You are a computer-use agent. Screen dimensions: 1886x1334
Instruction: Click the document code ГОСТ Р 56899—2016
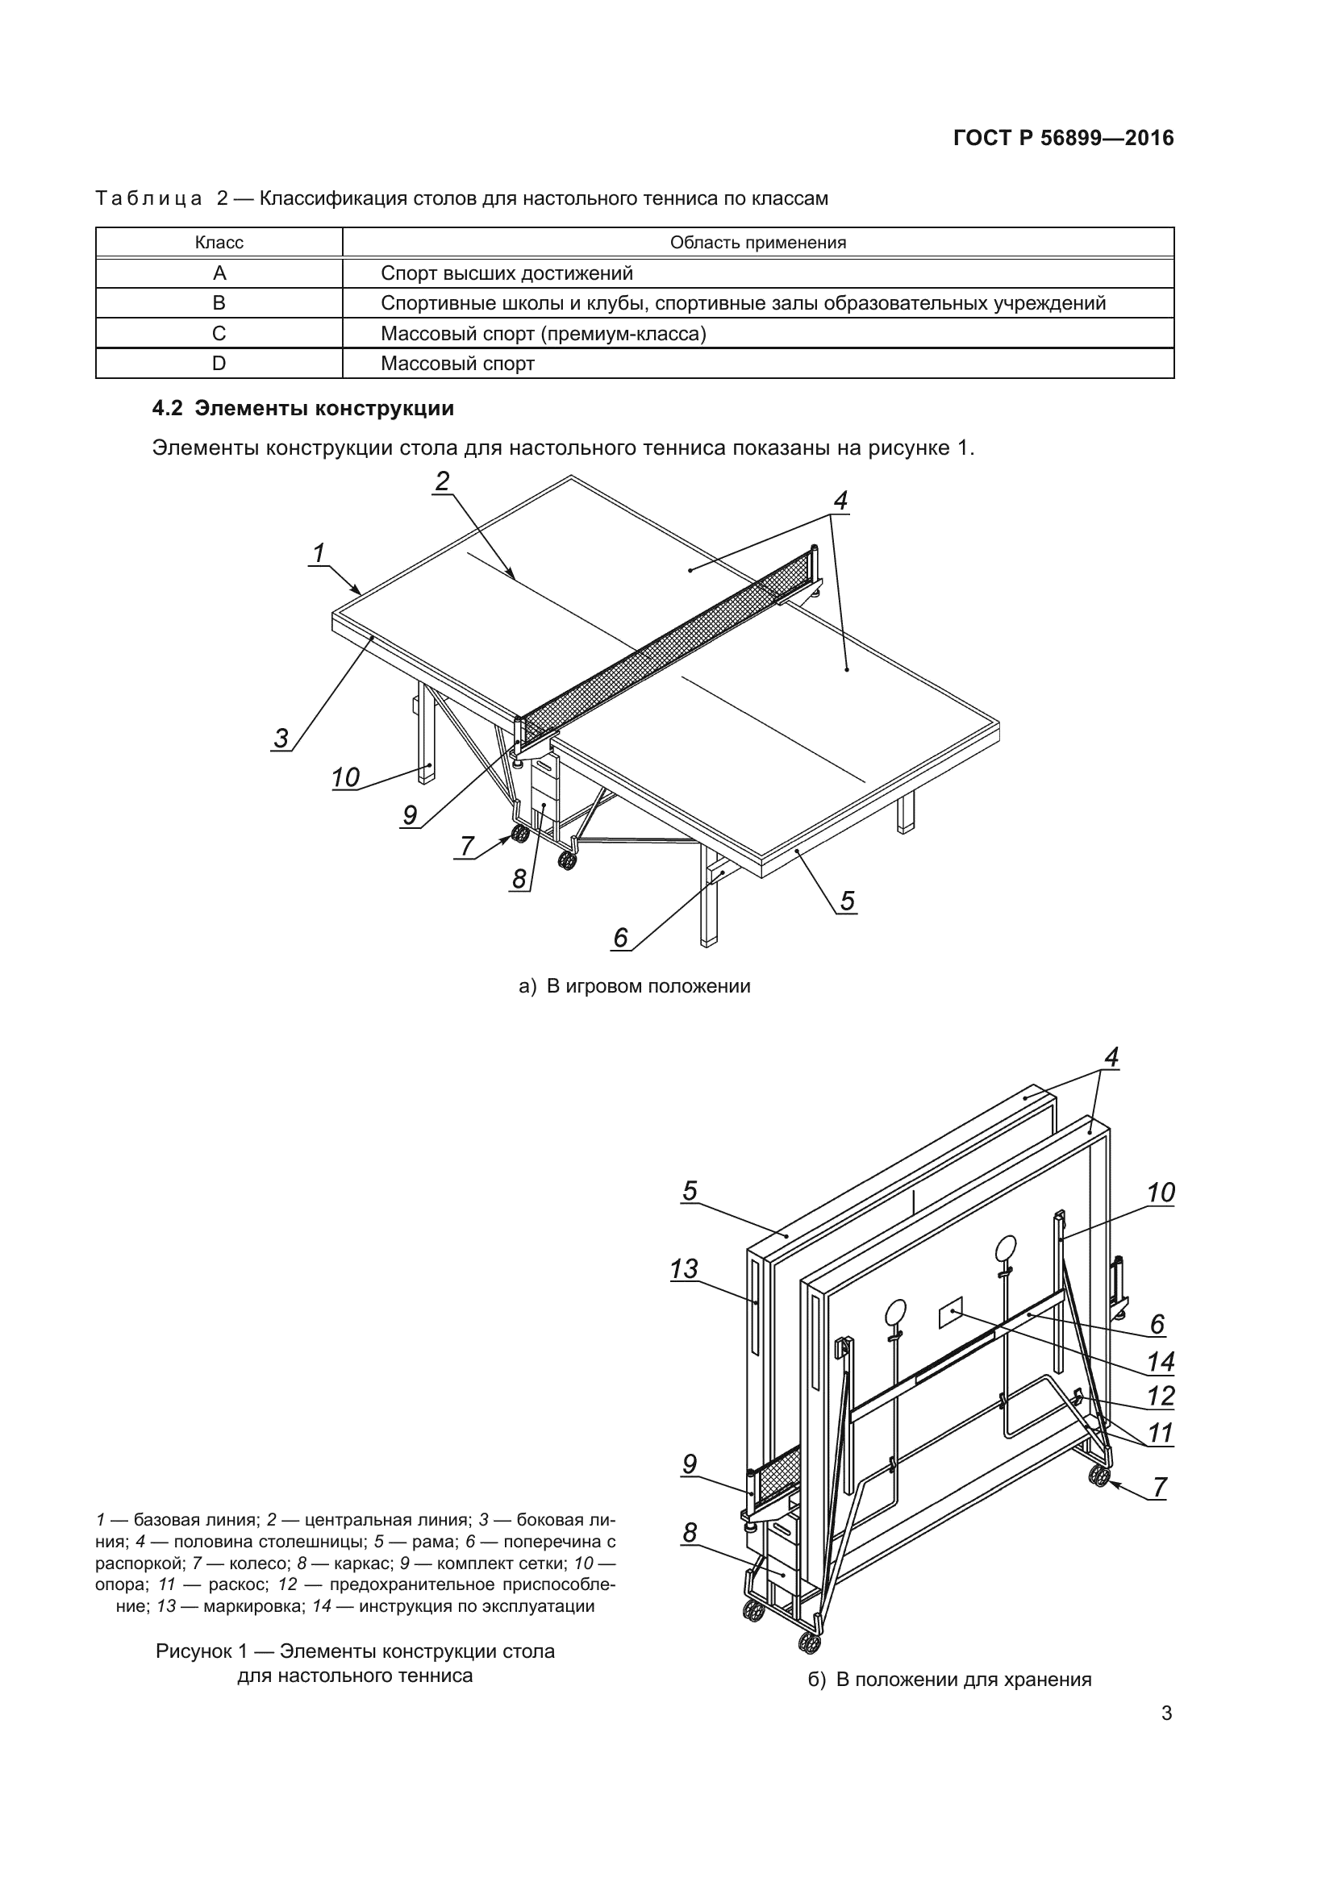coord(1063,138)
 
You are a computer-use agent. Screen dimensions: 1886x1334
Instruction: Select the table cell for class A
coord(219,273)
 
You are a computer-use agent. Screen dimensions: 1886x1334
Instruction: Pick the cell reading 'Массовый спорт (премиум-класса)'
coord(543,334)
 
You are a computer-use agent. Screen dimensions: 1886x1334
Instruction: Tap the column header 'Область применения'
coord(757,243)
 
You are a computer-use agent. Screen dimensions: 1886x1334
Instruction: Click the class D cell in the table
coord(219,364)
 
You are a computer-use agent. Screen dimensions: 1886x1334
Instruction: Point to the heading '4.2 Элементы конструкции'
coord(303,409)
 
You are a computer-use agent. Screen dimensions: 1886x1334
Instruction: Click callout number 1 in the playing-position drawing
coord(319,553)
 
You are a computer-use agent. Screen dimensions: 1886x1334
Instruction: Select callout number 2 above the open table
coord(443,481)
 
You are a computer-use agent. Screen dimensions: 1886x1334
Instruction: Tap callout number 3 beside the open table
coord(281,738)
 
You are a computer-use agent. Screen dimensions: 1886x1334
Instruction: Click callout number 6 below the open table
coord(620,937)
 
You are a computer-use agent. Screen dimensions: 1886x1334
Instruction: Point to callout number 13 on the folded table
coord(683,1269)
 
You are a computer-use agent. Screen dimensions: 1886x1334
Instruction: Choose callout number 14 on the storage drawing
coord(1160,1362)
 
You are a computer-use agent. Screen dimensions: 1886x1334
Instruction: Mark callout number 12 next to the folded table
coord(1160,1397)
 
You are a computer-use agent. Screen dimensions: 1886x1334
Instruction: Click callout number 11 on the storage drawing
coord(1160,1434)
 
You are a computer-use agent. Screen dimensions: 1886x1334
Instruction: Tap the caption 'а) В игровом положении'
coord(634,986)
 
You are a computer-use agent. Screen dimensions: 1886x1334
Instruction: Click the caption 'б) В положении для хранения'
coord(949,1679)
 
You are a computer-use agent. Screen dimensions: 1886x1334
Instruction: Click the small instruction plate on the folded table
coord(951,1313)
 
